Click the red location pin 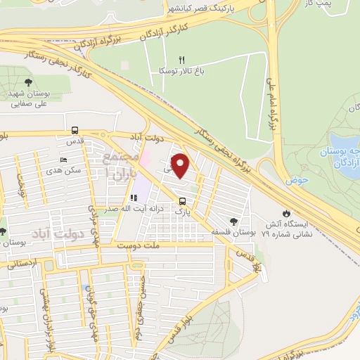coord(181,167)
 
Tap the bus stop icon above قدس coord(75,129)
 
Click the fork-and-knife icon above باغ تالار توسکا coord(181,60)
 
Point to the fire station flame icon coord(285,213)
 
